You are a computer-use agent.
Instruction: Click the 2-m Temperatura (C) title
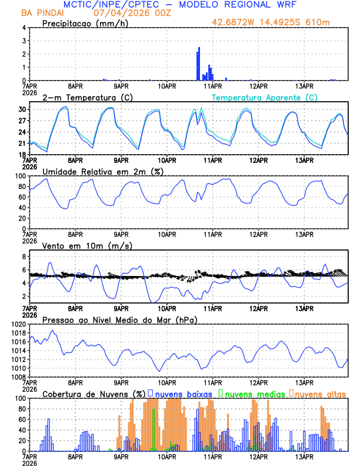83,97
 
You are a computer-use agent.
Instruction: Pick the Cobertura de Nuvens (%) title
93,393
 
